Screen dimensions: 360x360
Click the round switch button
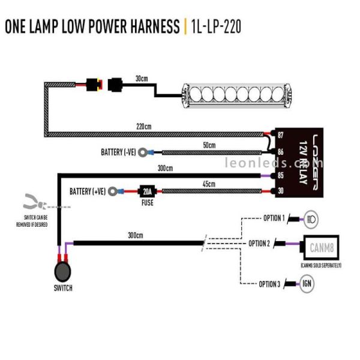pyautogui.click(x=63, y=271)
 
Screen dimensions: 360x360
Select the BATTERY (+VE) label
pyautogui.click(x=88, y=191)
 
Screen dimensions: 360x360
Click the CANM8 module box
pyautogui.click(x=321, y=247)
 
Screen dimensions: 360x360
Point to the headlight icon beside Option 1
pyautogui.click(x=311, y=218)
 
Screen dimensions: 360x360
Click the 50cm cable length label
pyautogui.click(x=208, y=145)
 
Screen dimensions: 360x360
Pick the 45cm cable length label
pyautogui.click(x=208, y=184)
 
